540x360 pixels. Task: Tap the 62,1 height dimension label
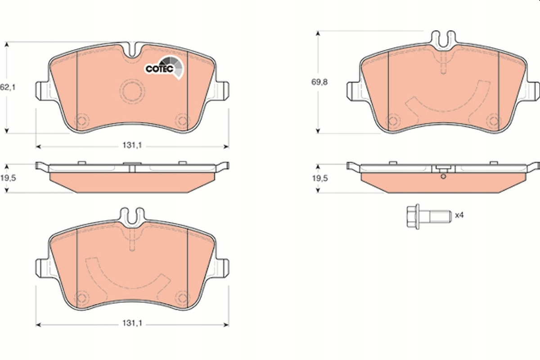point(8,88)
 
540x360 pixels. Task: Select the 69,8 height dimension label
point(319,82)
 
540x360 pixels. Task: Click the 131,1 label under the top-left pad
point(132,145)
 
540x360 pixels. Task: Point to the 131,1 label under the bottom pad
point(132,324)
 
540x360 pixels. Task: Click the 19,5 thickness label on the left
point(8,178)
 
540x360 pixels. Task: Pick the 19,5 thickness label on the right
point(320,179)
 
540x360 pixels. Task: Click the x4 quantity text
point(459,215)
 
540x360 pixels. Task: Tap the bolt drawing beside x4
point(429,216)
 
